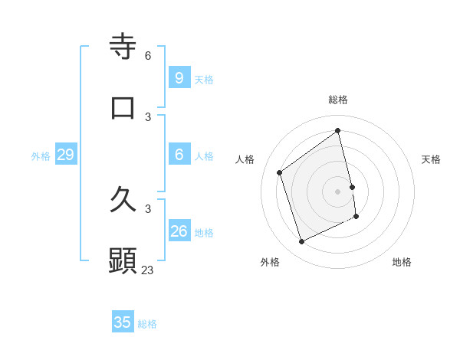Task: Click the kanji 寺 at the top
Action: [x=123, y=46]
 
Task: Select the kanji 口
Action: [x=123, y=107]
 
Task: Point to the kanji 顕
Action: [x=123, y=261]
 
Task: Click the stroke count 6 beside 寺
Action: [x=148, y=55]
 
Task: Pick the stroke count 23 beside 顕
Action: [x=148, y=270]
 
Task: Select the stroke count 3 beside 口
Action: [x=148, y=116]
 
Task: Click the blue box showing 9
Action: [x=179, y=77]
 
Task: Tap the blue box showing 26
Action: [x=179, y=231]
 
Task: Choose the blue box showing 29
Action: [x=65, y=155]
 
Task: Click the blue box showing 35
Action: [x=123, y=322]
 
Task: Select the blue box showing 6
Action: [x=179, y=154]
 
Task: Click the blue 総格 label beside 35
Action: [x=147, y=324]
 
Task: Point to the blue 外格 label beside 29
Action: [x=41, y=156]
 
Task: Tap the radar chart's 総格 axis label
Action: [x=338, y=100]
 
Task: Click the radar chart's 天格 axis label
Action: [x=431, y=159]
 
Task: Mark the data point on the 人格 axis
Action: [x=280, y=172]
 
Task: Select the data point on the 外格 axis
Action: [x=301, y=242]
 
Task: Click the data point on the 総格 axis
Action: [x=338, y=131]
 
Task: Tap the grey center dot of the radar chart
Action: [x=338, y=191]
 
